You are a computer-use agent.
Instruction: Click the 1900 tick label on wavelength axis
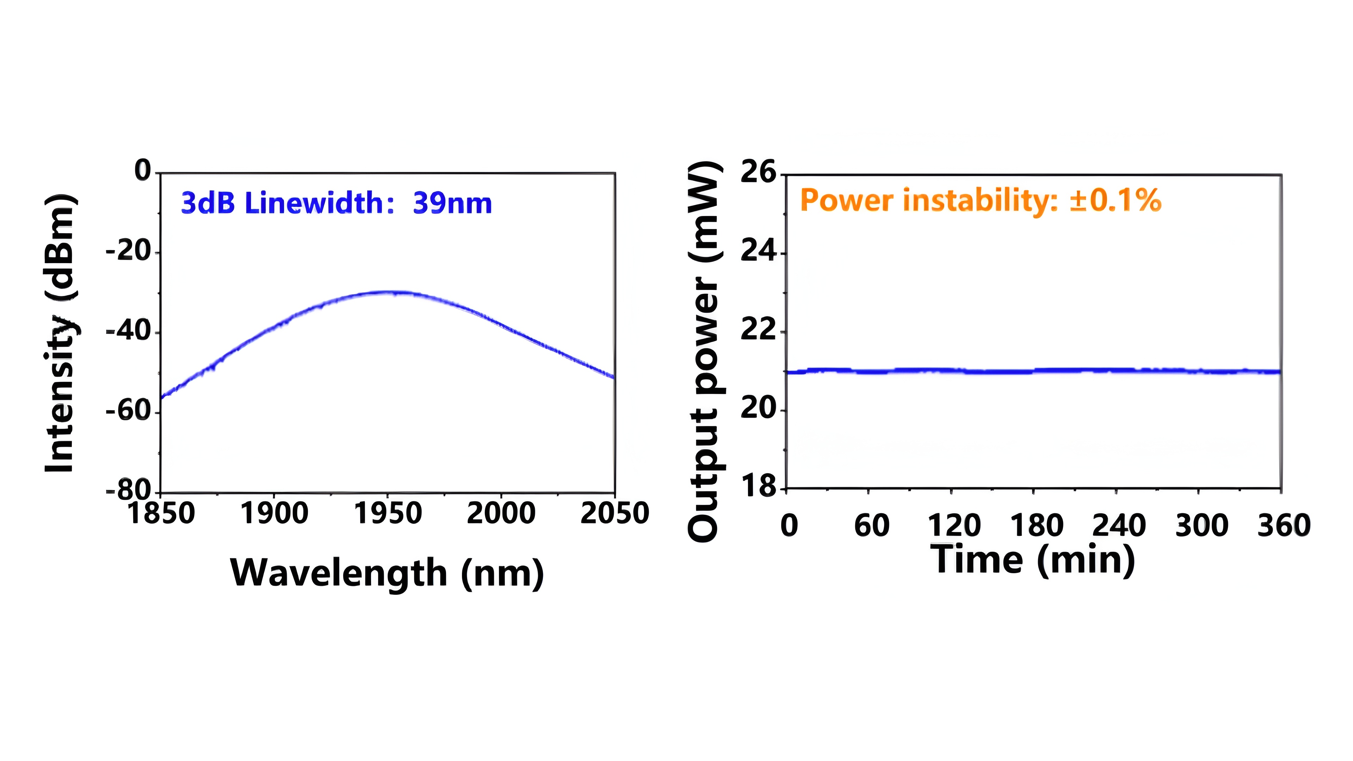(274, 513)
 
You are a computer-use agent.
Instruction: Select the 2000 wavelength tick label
(501, 513)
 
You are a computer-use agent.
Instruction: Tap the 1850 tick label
(161, 513)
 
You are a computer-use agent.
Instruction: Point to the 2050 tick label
(614, 513)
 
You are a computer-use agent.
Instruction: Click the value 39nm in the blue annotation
(452, 203)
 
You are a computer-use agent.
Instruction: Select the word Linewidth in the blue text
(315, 203)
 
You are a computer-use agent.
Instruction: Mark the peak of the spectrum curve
(389, 292)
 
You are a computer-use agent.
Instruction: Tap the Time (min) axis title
(1033, 560)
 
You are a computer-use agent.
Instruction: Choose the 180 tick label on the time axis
(1037, 526)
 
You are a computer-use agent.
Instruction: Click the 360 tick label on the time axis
(1284, 526)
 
